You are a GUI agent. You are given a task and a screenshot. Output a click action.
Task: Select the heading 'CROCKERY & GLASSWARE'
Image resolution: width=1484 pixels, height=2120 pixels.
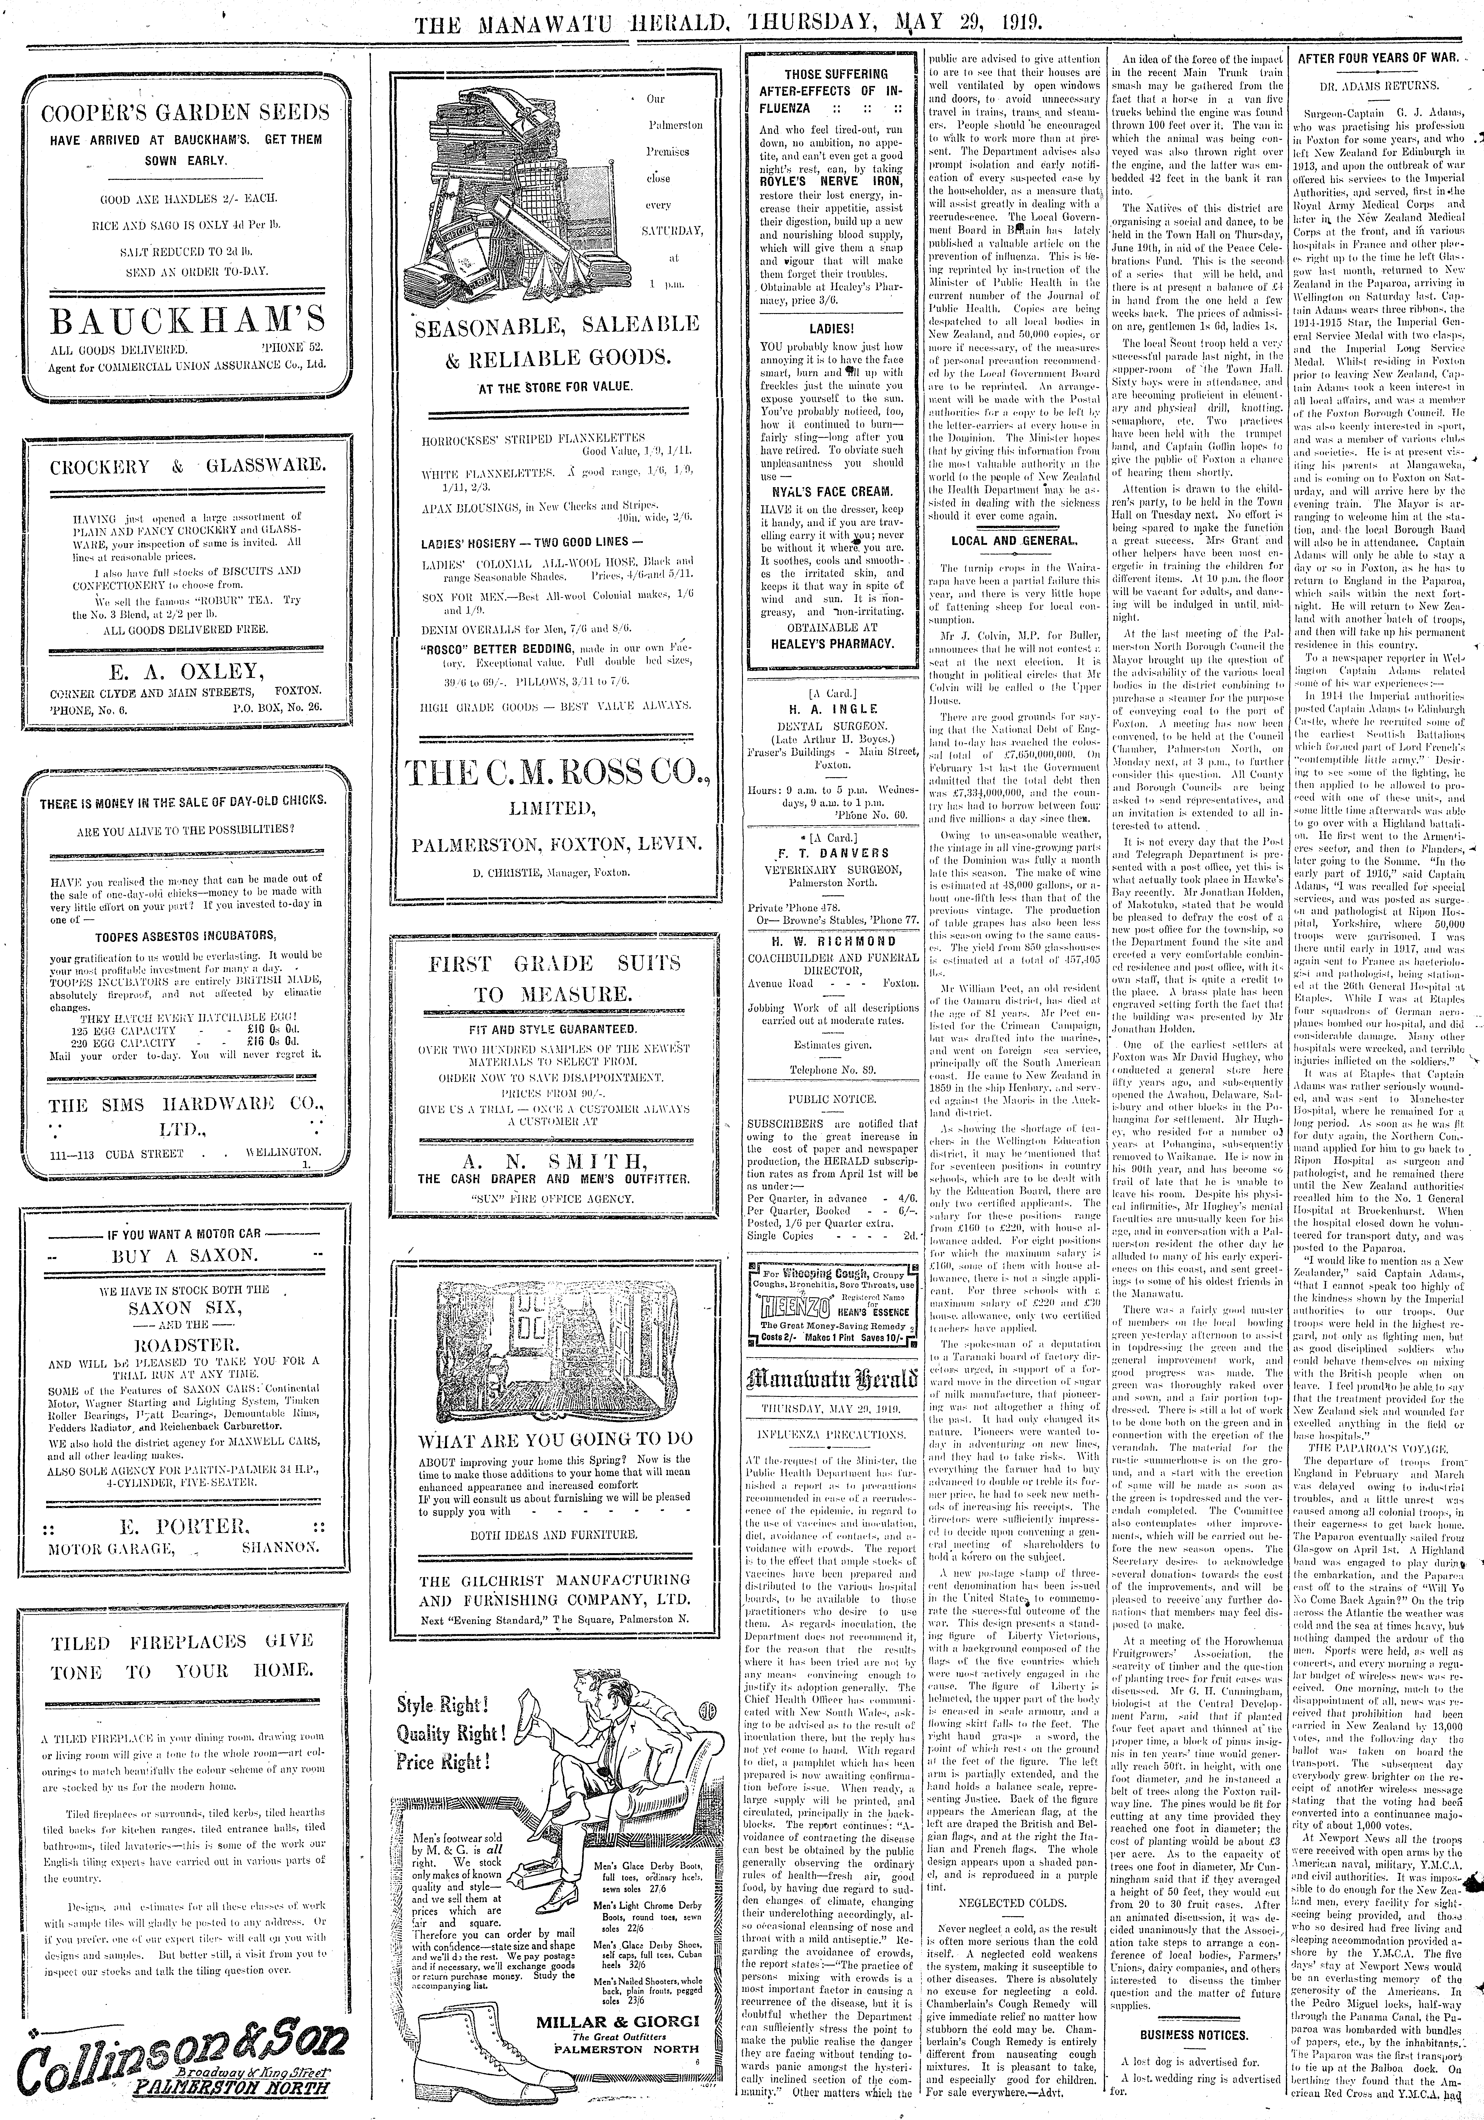(x=188, y=466)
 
